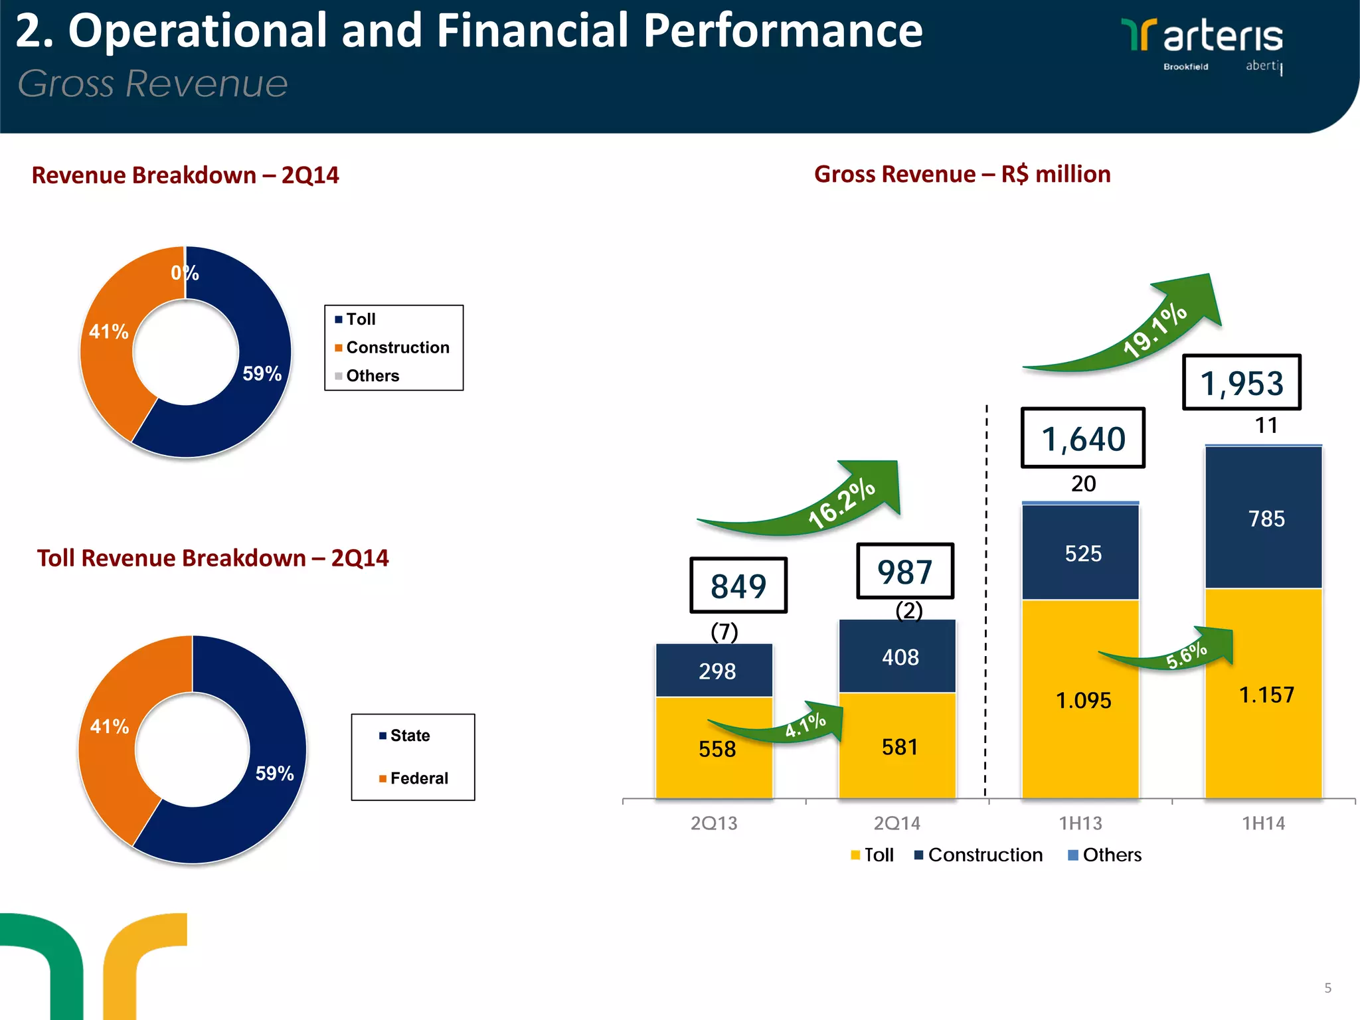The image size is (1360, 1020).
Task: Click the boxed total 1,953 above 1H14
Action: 1241,382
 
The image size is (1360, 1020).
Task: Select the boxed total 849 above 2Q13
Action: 738,586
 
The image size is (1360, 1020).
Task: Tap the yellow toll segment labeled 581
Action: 898,747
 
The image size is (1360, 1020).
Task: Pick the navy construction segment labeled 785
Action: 1264,518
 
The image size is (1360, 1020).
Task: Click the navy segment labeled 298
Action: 715,671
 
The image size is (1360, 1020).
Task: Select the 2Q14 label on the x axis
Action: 896,823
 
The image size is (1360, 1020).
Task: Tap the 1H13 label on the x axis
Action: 1080,823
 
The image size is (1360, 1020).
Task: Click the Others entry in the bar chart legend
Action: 1105,855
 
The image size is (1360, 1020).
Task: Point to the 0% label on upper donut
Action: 185,273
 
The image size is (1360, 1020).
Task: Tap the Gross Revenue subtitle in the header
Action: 153,84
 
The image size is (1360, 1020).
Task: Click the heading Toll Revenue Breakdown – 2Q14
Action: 212,558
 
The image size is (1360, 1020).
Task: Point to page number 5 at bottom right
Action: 1327,988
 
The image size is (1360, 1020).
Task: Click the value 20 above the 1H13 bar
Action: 1083,483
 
